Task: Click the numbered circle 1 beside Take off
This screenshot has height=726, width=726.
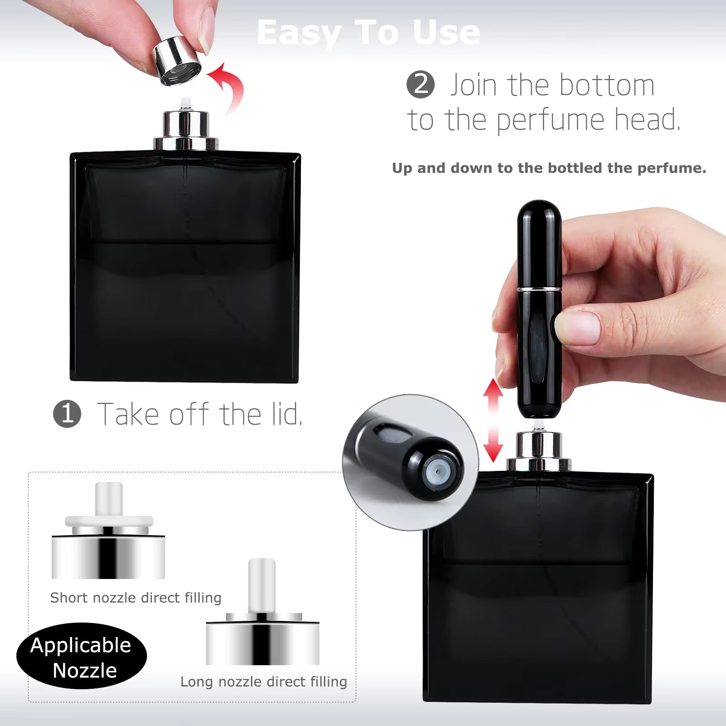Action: pyautogui.click(x=67, y=414)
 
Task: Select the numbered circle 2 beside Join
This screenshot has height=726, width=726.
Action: pyautogui.click(x=421, y=84)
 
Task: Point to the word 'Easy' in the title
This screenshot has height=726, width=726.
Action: pyautogui.click(x=299, y=33)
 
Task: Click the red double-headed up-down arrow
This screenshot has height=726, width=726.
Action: pyautogui.click(x=493, y=421)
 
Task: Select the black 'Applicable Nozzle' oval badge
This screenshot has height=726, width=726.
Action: pyautogui.click(x=82, y=656)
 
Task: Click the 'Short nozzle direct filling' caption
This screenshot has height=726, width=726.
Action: pyautogui.click(x=136, y=598)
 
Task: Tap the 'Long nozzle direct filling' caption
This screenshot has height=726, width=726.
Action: pyautogui.click(x=264, y=682)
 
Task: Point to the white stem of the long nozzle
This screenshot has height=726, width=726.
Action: pyautogui.click(x=262, y=585)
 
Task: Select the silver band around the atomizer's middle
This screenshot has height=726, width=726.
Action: pyautogui.click(x=540, y=289)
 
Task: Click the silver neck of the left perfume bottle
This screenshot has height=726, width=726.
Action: pyautogui.click(x=186, y=129)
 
